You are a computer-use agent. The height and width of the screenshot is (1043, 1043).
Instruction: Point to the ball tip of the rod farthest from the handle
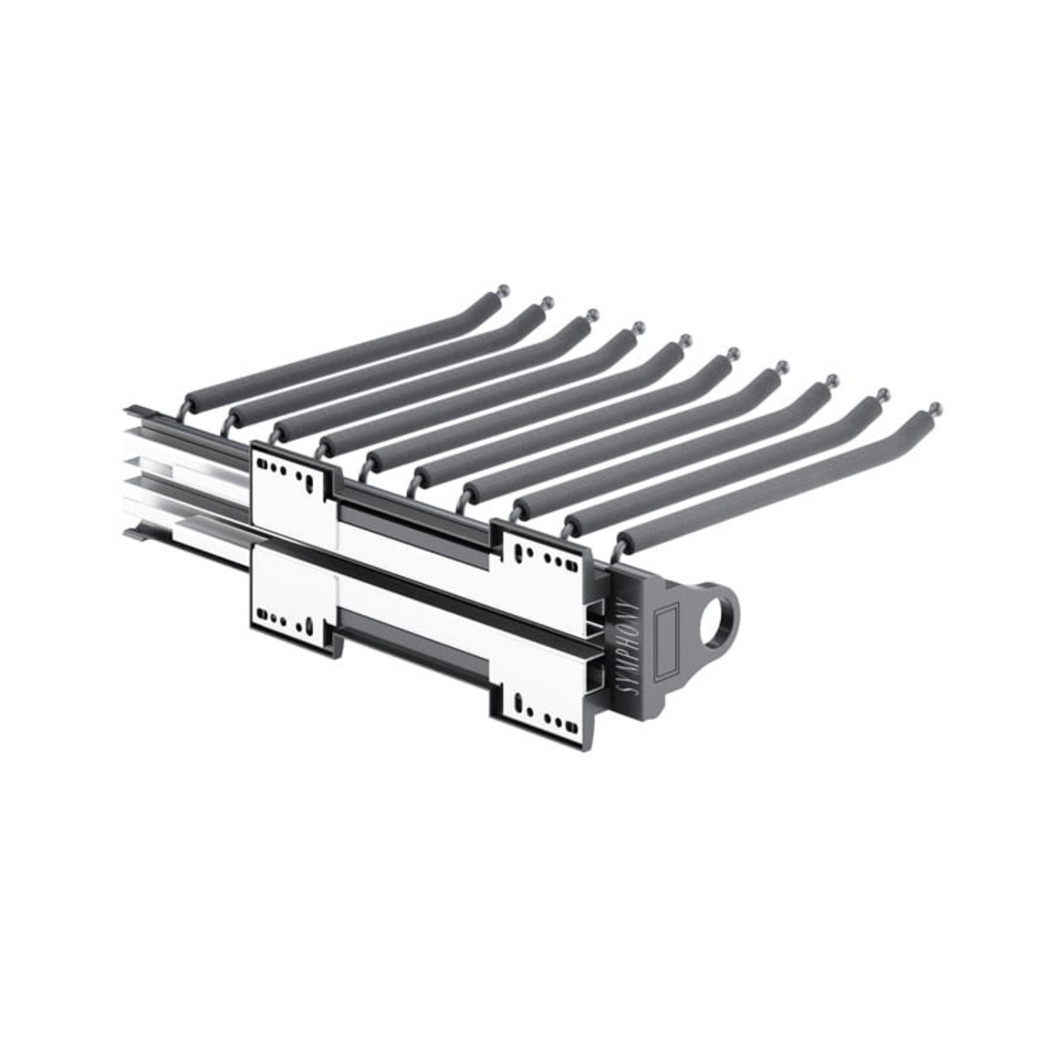click(502, 287)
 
